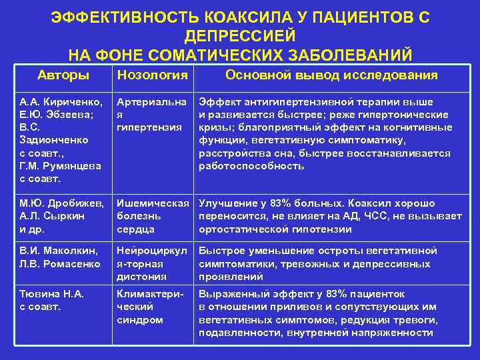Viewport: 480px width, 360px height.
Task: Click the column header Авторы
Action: pyautogui.click(x=63, y=75)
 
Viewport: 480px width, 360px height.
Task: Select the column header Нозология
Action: pyautogui.click(x=152, y=75)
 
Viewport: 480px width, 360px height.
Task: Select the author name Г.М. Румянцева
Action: pyautogui.click(x=60, y=166)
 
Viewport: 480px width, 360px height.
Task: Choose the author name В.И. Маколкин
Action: pyautogui.click(x=59, y=251)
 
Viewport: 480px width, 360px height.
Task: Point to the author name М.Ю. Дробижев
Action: pyautogui.click(x=61, y=203)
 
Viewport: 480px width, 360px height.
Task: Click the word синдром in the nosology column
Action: pyautogui.click(x=140, y=319)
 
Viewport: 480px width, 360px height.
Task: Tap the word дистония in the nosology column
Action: pyautogui.click(x=141, y=276)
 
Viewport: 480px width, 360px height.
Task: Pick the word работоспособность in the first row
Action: pyautogui.click(x=247, y=166)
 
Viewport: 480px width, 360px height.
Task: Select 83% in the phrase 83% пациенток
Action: pyautogui.click(x=327, y=294)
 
